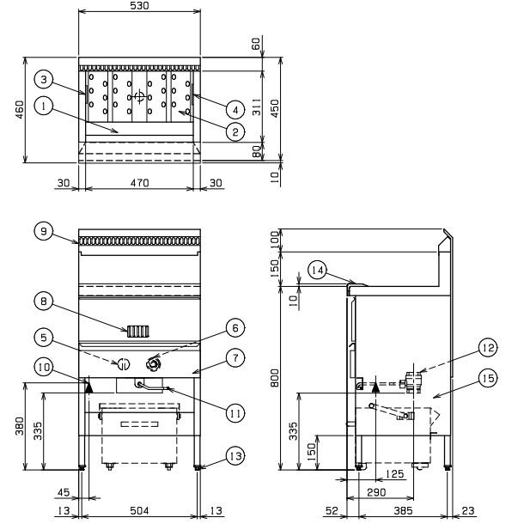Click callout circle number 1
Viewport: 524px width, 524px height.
point(44,107)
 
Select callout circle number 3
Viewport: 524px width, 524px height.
point(44,80)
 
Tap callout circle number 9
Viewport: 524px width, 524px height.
point(44,231)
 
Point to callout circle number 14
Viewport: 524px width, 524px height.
point(318,270)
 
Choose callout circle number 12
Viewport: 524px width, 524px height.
point(488,348)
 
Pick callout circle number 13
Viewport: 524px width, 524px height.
point(235,456)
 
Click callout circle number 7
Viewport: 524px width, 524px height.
point(235,358)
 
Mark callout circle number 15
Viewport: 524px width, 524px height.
point(488,378)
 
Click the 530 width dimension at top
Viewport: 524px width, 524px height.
point(139,6)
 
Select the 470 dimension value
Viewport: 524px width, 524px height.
point(139,183)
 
